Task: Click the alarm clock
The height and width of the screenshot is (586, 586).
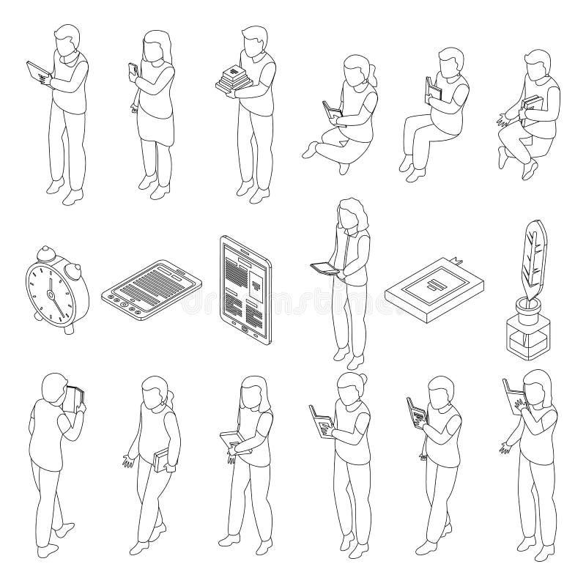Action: [x=55, y=293]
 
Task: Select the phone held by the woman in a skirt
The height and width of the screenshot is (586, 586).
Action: [x=133, y=70]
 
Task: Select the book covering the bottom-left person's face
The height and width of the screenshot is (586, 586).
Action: [x=74, y=398]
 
